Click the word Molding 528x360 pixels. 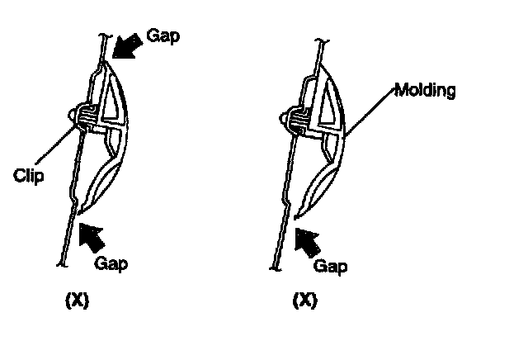coord(425,89)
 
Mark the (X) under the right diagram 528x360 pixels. coord(305,301)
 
